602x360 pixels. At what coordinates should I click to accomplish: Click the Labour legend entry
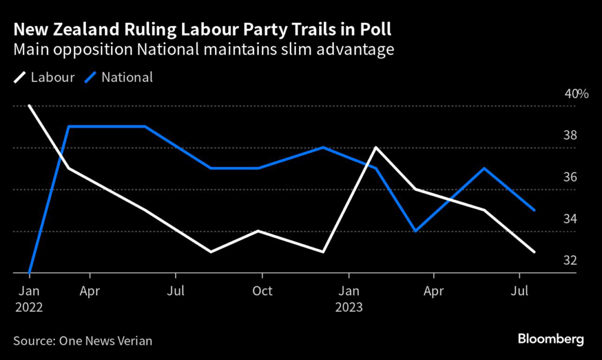coord(44,77)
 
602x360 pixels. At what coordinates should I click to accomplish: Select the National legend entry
coord(119,77)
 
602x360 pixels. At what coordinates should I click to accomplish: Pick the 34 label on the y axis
coord(570,219)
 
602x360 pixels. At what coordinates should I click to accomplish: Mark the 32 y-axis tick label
coord(570,261)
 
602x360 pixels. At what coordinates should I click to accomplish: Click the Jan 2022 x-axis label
coord(29,299)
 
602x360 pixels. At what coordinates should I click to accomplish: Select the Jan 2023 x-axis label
coord(349,299)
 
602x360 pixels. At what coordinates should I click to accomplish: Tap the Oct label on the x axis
coord(262,291)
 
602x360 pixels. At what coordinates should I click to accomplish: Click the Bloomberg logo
coord(551,339)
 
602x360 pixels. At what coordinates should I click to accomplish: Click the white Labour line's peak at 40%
coord(29,106)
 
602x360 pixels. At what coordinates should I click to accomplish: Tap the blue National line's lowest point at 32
coord(29,273)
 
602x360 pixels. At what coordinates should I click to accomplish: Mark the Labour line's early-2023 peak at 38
coord(376,148)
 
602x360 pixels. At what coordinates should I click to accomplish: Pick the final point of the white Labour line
coord(534,252)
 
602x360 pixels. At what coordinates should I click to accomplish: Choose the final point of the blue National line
coord(534,210)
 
